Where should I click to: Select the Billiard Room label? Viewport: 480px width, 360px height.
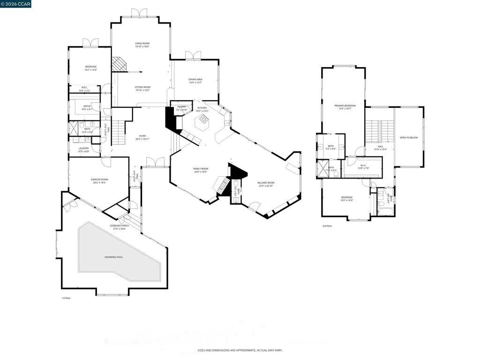tap(266, 183)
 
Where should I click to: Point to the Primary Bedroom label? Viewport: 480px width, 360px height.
tap(345, 106)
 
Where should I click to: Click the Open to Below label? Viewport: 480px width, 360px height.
tap(408, 138)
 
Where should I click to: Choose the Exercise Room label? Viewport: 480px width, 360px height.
tap(99, 180)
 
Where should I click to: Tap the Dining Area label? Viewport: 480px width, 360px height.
tap(195, 80)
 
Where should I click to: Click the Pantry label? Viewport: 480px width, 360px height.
tap(181, 107)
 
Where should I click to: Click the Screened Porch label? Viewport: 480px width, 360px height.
tap(120, 226)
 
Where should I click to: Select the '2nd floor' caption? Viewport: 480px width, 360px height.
tap(327, 226)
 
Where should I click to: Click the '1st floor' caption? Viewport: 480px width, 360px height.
tap(66, 298)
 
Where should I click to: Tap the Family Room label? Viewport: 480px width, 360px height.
tap(201, 169)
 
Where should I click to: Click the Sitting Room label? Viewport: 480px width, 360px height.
tap(142, 87)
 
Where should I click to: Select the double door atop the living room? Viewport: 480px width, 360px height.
tap(139, 12)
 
